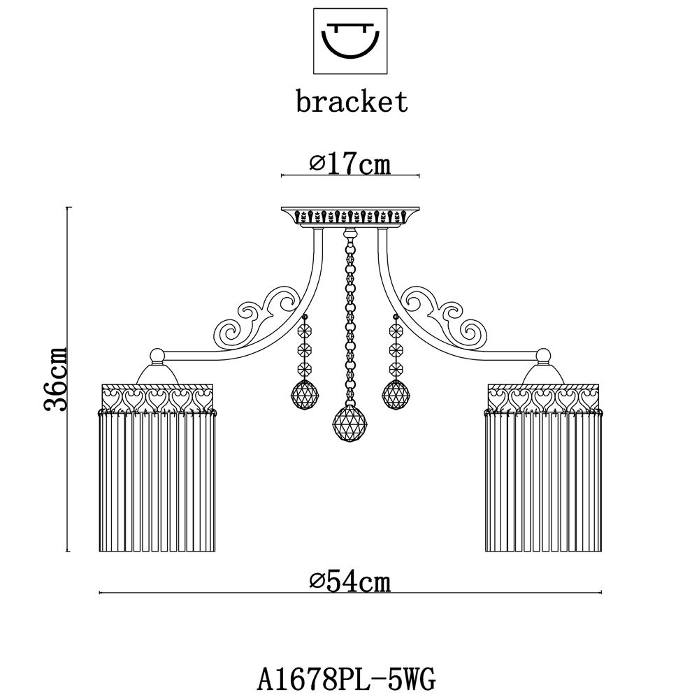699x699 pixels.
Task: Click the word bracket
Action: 352,101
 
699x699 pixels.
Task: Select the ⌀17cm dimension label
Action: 350,164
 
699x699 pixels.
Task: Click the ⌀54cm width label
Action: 350,582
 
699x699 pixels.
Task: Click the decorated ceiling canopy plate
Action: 350,217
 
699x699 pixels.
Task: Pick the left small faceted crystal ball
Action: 305,395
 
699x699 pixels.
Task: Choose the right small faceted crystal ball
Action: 396,395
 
